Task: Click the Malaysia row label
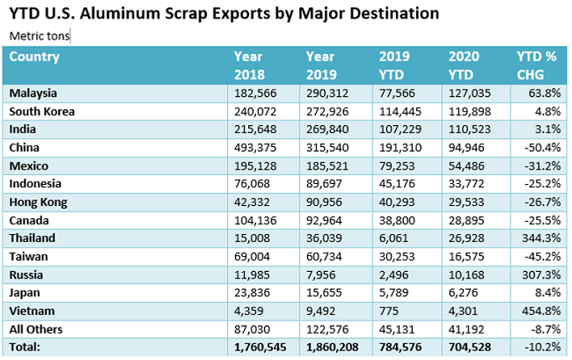click(x=34, y=93)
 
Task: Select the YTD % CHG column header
click(x=536, y=66)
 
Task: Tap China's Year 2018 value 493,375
click(x=254, y=148)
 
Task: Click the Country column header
click(x=34, y=57)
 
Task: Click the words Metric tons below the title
click(x=40, y=36)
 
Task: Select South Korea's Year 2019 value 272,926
click(x=326, y=112)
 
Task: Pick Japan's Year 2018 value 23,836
click(x=254, y=293)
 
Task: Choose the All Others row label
click(x=37, y=329)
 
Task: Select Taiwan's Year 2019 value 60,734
click(x=326, y=257)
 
